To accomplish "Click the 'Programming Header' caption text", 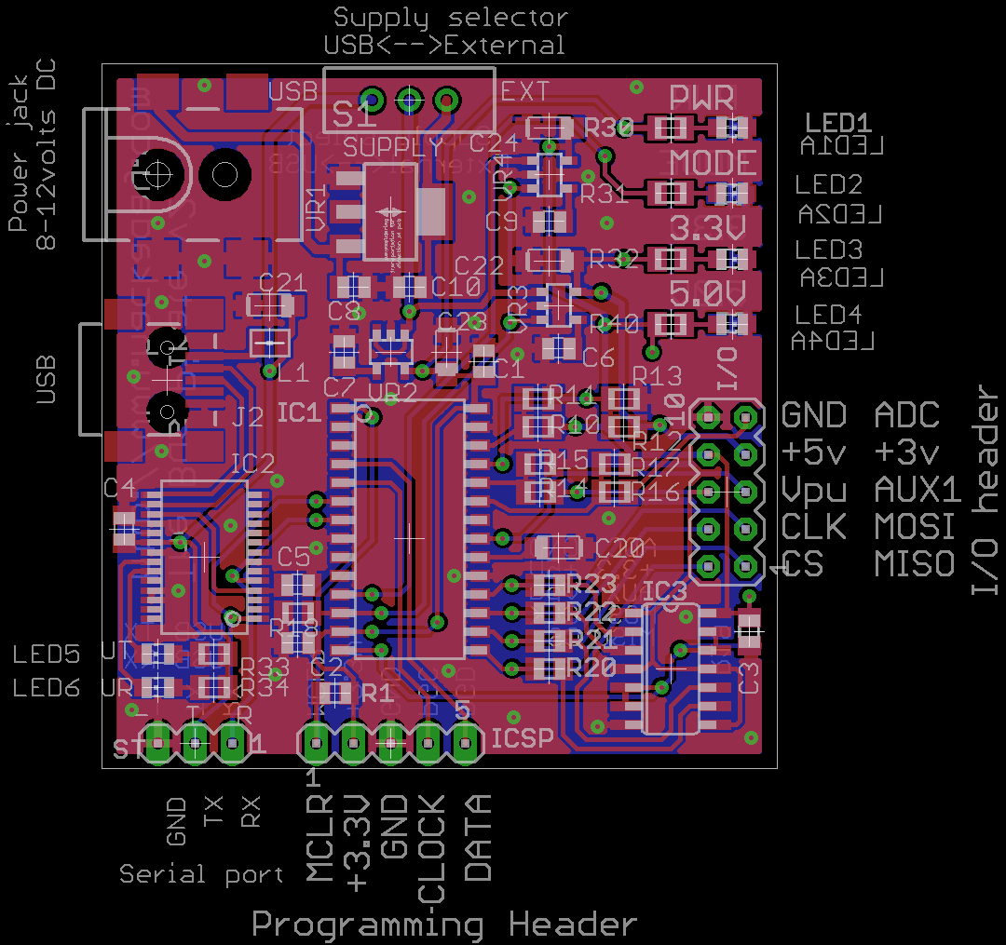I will coord(444,925).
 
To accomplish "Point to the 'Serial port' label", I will coord(201,874).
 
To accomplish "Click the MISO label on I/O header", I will coord(915,563).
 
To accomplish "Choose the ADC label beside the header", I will coord(907,415).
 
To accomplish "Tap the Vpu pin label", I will coord(813,490).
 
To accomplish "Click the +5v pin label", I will coord(814,452).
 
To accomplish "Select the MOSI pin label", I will coord(915,527).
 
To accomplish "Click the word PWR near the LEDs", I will coord(702,98).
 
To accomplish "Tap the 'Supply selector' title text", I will coord(450,18).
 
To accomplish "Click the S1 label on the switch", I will coord(355,115).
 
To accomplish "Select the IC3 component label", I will coord(665,591).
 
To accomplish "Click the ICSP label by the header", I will coord(523,738).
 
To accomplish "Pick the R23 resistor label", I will coord(593,584).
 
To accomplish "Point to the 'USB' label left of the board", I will coord(45,379).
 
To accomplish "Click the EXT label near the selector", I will coord(525,91).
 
